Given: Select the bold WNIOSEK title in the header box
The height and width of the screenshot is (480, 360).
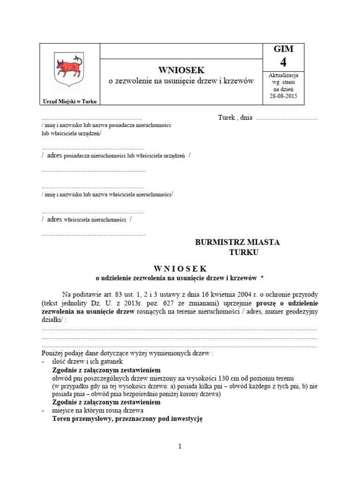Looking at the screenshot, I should [181, 70].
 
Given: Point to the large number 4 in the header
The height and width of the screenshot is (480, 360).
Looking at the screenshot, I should [283, 62].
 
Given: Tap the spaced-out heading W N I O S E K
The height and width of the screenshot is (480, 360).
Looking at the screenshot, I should [180, 268].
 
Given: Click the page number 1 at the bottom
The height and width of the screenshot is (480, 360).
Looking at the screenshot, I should [180, 446].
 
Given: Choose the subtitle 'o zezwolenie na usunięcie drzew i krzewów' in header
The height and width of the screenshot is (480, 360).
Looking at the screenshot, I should [181, 81].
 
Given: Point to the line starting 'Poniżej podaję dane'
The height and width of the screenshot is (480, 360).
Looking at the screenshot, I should [127, 353].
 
